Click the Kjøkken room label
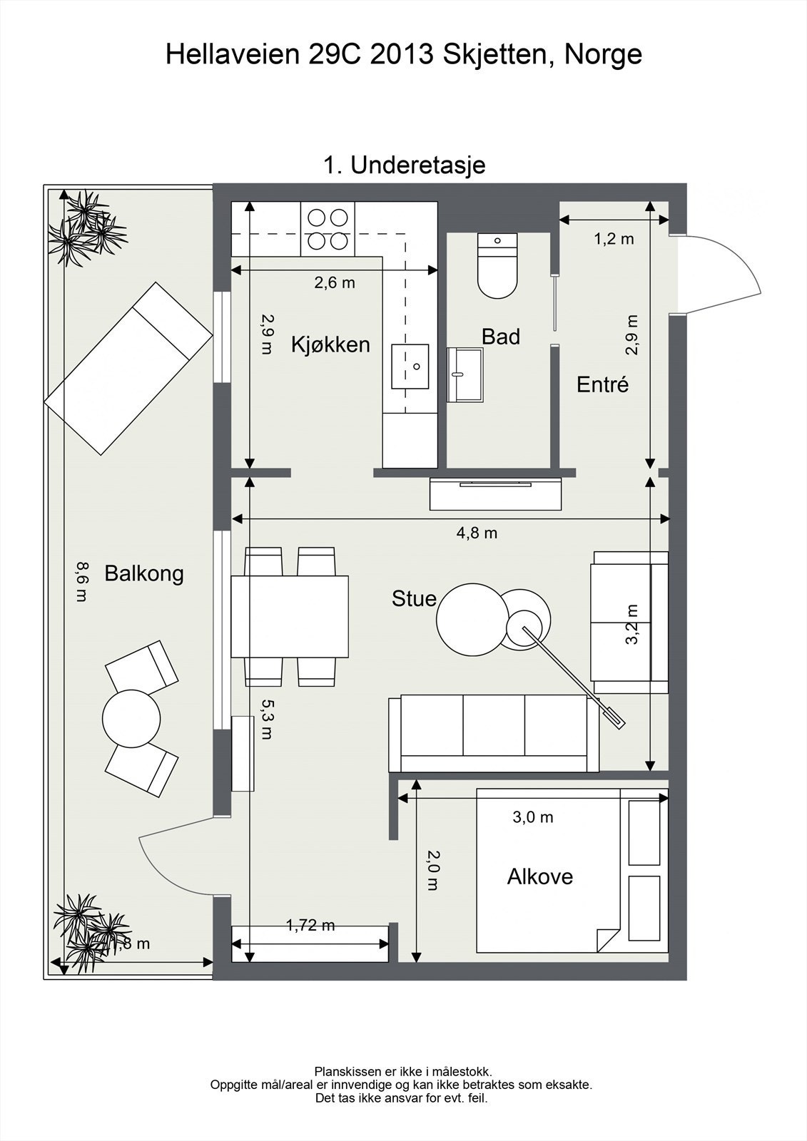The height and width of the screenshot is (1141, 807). point(330,345)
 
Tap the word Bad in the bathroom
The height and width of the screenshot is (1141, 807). point(501,337)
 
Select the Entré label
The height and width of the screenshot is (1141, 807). point(602,384)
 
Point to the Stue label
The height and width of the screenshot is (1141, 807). point(414,598)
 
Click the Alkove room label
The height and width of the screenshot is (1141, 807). point(540,876)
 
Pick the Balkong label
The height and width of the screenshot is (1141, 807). point(143,573)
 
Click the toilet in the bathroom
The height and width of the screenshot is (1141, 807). point(497,266)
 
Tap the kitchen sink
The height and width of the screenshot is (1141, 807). point(410,367)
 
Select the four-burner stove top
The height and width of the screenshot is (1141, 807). point(328,229)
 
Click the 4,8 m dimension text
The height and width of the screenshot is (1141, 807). point(477,533)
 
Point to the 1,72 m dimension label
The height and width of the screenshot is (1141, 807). point(310,925)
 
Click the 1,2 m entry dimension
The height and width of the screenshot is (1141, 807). point(614,238)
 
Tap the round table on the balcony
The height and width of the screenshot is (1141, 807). point(131,719)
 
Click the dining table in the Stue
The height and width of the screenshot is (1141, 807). point(290,616)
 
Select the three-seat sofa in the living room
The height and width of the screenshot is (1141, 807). point(494,734)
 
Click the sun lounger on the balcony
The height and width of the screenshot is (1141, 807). point(128,368)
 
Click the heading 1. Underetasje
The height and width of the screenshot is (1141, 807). point(405,165)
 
